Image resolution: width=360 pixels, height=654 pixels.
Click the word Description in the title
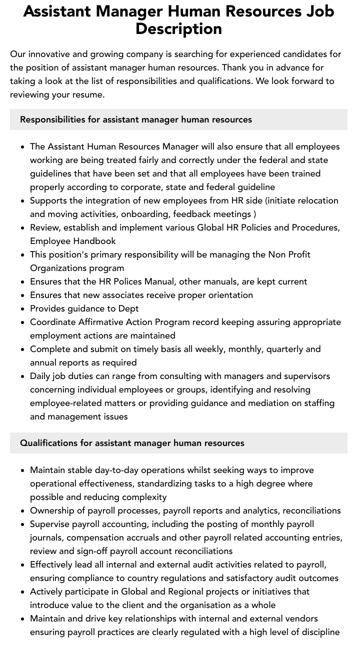click(x=178, y=28)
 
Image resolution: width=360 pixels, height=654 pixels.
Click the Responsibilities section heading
click(x=136, y=119)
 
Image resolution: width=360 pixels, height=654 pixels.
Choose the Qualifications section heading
click(x=132, y=443)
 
